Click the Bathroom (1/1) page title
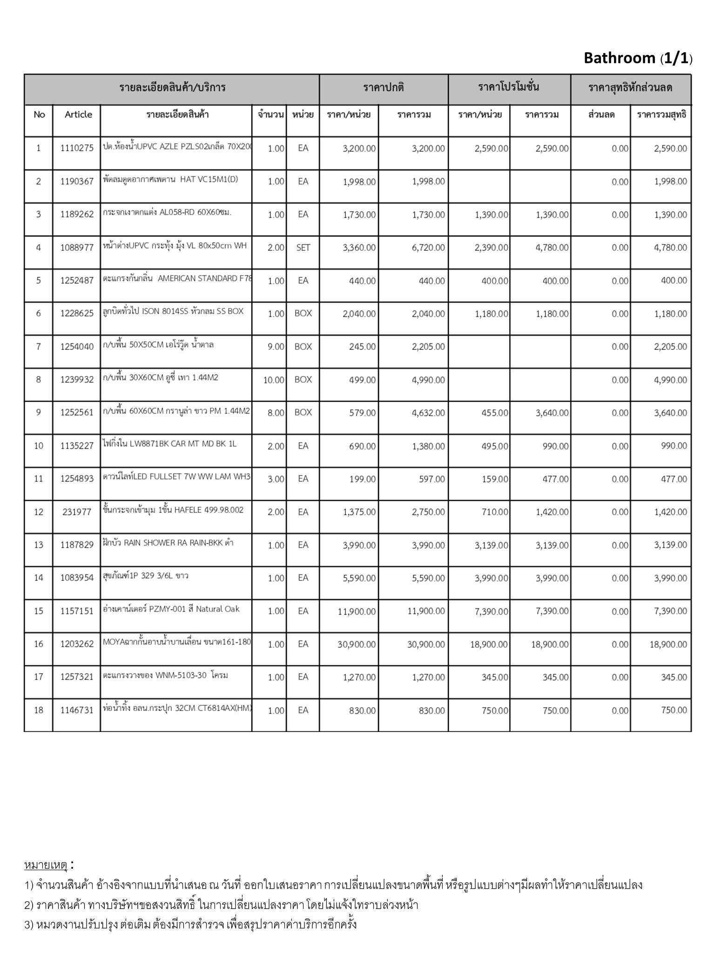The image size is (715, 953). tap(637, 59)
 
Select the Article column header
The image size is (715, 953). tap(78, 114)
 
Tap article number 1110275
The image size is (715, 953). tap(77, 148)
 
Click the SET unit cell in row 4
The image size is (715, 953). tap(303, 248)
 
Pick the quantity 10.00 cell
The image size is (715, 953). tap(274, 380)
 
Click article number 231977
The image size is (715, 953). tap(77, 512)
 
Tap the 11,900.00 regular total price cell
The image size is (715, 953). tap(426, 611)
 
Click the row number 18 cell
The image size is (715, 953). tap(39, 710)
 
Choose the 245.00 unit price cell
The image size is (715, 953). tap(362, 347)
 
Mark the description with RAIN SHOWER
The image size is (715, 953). tap(168, 543)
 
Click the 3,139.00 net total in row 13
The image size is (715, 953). tap(670, 545)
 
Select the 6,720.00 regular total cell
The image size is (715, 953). tap(428, 248)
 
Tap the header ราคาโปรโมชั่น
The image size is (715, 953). tap(509, 87)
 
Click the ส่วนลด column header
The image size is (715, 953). tap(601, 114)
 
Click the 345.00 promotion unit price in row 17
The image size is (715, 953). tap(495, 678)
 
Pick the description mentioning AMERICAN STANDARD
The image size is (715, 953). tap(177, 279)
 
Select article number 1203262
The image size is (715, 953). tap(77, 644)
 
